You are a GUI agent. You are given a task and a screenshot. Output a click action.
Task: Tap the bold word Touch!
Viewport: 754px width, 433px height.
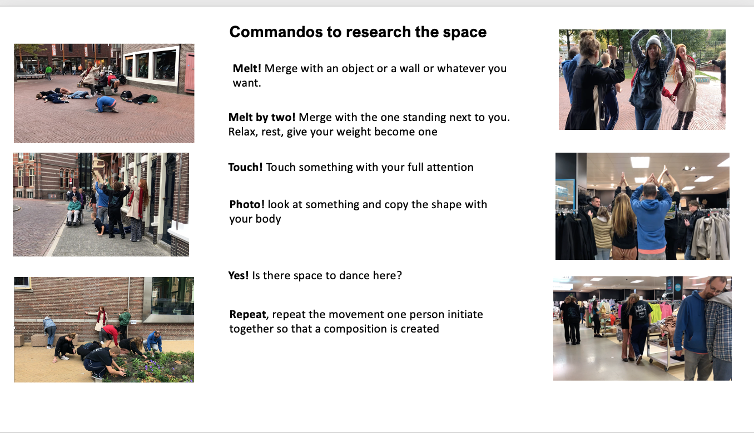[245, 167]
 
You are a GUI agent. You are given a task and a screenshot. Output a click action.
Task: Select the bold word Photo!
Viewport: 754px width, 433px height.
[247, 204]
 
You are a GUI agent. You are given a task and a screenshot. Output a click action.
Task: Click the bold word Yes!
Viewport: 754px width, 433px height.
[239, 275]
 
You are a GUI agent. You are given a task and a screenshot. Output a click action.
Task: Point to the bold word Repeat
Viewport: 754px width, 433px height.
[247, 315]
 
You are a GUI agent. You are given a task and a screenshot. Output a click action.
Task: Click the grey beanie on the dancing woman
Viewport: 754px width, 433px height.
[653, 42]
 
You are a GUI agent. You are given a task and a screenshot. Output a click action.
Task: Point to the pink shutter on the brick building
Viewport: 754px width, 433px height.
[190, 72]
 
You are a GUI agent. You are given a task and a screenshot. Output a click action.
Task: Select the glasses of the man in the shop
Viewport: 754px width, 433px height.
[716, 289]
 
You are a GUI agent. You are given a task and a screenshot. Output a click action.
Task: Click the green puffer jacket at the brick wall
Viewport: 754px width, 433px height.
[124, 318]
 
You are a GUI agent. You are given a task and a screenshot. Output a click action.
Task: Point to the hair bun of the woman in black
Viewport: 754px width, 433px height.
[587, 34]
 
